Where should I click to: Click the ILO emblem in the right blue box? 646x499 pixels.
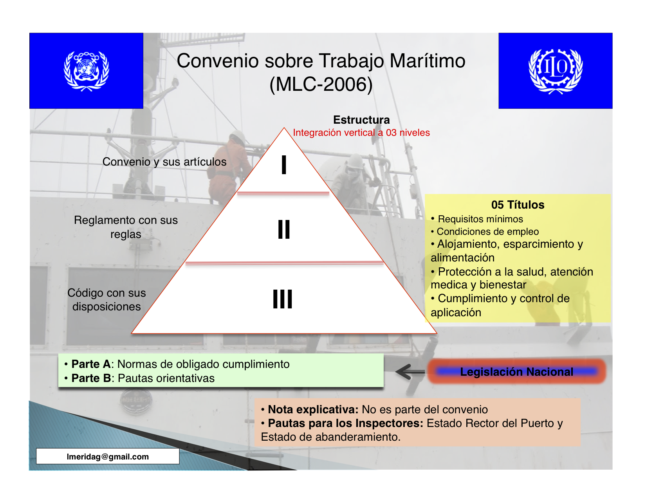(x=555, y=71)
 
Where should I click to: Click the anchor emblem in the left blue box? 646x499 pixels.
(x=87, y=71)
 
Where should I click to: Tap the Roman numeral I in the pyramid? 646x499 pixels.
(x=284, y=165)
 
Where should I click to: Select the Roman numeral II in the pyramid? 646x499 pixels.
(x=284, y=229)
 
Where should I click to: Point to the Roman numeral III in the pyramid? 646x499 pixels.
(x=282, y=299)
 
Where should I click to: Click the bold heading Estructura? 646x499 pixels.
(x=361, y=120)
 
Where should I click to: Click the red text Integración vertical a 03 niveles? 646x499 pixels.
(x=361, y=133)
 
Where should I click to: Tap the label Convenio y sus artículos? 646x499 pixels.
(x=164, y=162)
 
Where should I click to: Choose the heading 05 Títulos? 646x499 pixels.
(x=518, y=205)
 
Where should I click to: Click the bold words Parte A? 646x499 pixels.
(x=91, y=364)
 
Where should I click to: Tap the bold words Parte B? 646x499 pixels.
(x=91, y=378)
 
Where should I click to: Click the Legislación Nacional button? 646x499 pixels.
(x=517, y=371)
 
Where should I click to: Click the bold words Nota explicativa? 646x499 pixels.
(x=313, y=409)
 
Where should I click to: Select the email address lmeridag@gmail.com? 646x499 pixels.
(x=108, y=456)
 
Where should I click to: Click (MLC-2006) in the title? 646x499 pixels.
(x=321, y=85)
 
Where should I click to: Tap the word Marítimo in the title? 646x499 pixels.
(x=428, y=61)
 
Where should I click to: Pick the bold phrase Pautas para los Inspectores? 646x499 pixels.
(x=345, y=423)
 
